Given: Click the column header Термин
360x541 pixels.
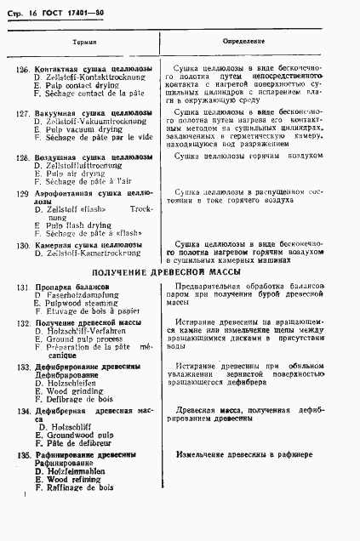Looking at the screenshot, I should pyautogui.click(x=85, y=40).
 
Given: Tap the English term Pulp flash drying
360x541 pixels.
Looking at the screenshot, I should pyautogui.click(x=72, y=225).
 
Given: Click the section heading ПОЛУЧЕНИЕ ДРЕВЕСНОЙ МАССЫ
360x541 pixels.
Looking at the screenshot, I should pyautogui.click(x=166, y=271).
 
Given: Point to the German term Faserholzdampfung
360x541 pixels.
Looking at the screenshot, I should pyautogui.click(x=75, y=294).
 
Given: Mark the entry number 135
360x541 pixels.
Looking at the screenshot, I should pyautogui.click(x=24, y=456).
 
